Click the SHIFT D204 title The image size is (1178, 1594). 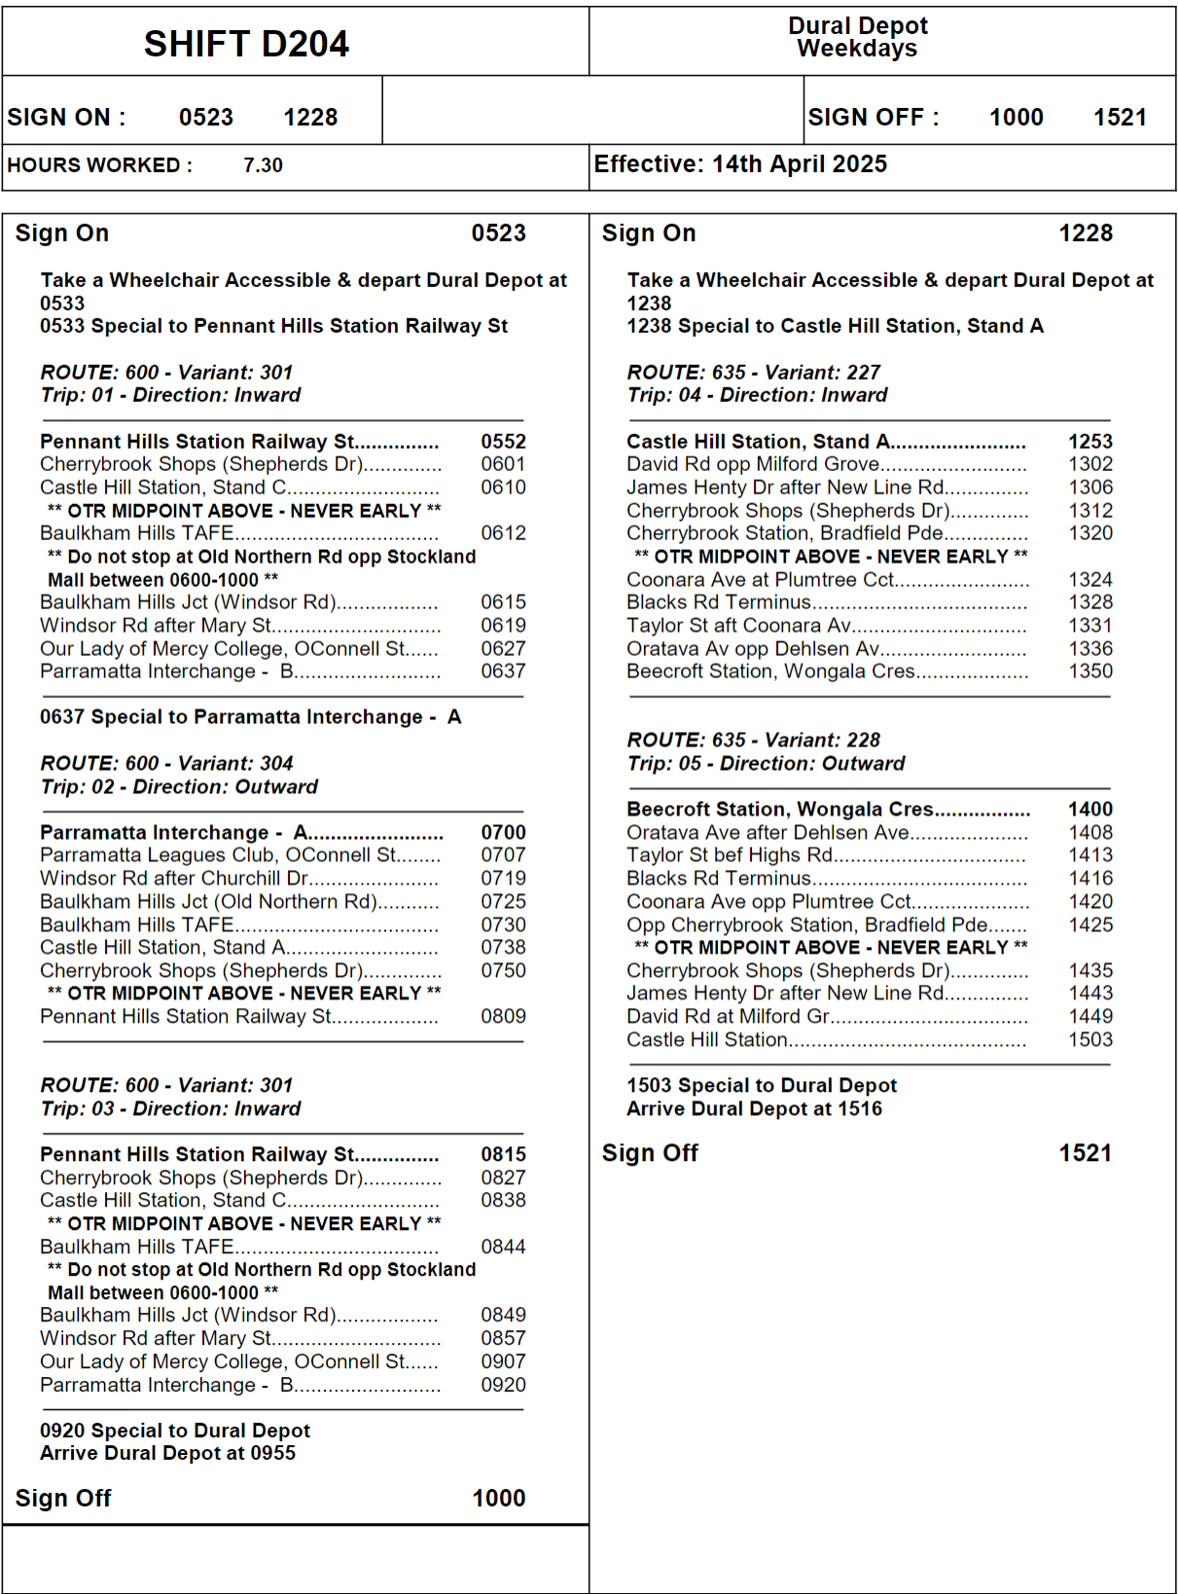[x=246, y=44]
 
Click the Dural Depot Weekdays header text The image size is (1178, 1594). [x=857, y=37]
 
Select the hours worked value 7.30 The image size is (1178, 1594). [x=263, y=165]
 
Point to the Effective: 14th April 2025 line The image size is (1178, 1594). [x=740, y=163]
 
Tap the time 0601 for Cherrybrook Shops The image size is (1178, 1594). [x=503, y=464]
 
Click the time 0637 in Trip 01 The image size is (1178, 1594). [x=503, y=671]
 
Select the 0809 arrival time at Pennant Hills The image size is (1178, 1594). [x=503, y=1016]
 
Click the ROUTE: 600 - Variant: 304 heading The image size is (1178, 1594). [x=166, y=764]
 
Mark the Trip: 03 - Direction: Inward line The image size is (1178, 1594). [x=170, y=1108]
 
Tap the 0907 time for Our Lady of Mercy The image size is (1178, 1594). [x=503, y=1361]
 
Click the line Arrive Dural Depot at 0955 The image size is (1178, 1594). [x=167, y=1453]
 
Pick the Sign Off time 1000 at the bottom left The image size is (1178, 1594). [x=498, y=1498]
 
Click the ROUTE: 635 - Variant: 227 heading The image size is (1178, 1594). [x=753, y=373]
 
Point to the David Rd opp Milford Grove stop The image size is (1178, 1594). [x=753, y=464]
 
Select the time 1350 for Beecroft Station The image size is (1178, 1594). [x=1090, y=671]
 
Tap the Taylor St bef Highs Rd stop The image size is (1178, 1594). [x=730, y=855]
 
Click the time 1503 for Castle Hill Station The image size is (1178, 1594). [x=1090, y=1039]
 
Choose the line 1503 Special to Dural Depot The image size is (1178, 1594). [x=762, y=1085]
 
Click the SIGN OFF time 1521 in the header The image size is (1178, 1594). [x=1120, y=118]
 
